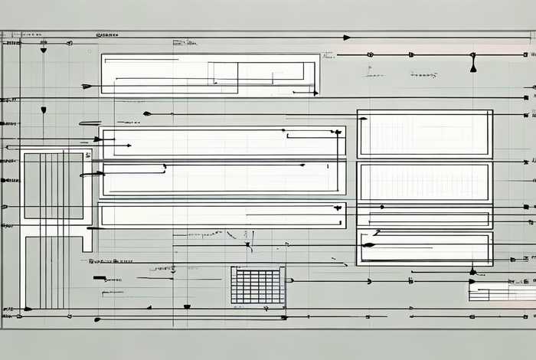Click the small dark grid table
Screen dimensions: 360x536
pyautogui.click(x=258, y=285)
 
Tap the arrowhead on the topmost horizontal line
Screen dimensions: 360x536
pyautogui.click(x=347, y=37)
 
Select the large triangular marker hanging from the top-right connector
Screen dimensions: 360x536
pyautogui.click(x=473, y=67)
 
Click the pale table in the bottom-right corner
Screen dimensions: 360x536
pyautogui.click(x=502, y=292)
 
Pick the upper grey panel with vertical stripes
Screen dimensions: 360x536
pyautogui.click(x=54, y=186)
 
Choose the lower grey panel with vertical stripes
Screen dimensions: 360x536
pyautogui.click(x=53, y=271)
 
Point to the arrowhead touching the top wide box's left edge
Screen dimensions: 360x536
pyautogui.click(x=87, y=86)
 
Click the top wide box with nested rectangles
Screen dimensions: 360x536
pyautogui.click(x=210, y=74)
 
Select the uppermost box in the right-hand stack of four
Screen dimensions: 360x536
pyautogui.click(x=425, y=134)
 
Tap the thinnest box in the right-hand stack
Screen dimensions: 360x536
pyautogui.click(x=425, y=218)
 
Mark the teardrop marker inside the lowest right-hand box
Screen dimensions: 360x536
pyautogui.click(x=368, y=245)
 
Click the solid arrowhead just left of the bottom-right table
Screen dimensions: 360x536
pyautogui.click(x=472, y=281)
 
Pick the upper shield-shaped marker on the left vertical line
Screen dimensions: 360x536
pyautogui.click(x=44, y=49)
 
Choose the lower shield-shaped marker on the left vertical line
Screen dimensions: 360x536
pyautogui.click(x=44, y=110)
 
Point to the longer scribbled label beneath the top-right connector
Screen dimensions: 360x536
pyautogui.click(x=423, y=75)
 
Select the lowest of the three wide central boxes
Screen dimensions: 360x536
pyautogui.click(x=222, y=215)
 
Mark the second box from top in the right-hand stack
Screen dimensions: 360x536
pyautogui.click(x=425, y=182)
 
